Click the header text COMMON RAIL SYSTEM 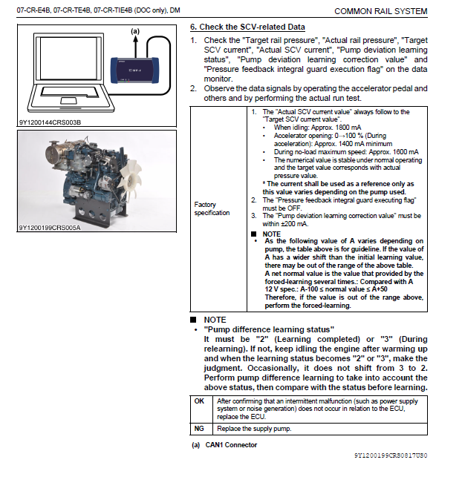[x=380, y=11]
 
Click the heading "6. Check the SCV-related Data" [x=248, y=27]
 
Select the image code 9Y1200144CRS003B [x=51, y=122]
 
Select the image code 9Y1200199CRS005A [x=51, y=228]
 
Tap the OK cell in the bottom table [x=199, y=401]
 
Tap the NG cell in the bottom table [x=199, y=429]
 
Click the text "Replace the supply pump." [x=255, y=429]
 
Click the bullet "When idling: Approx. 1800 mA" [x=313, y=128]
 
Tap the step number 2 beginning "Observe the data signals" [x=193, y=88]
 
